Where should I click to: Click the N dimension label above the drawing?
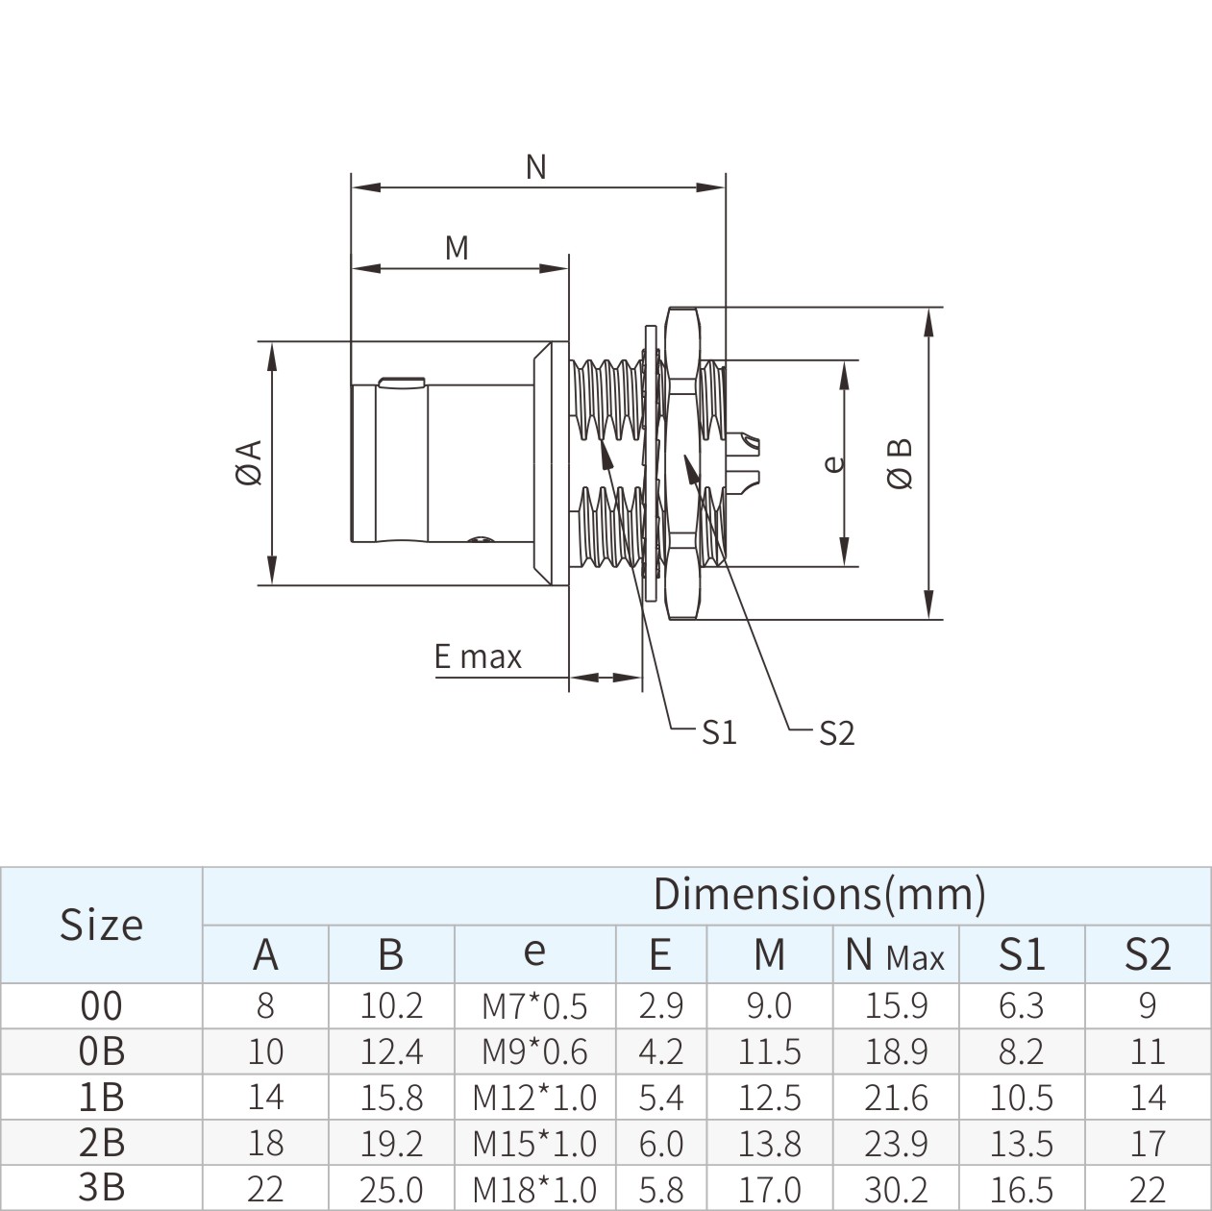click(x=536, y=167)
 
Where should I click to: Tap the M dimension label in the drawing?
click(x=457, y=248)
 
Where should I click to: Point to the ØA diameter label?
click(x=248, y=462)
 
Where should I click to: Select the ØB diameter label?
click(x=901, y=463)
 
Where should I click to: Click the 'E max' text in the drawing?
click(x=478, y=657)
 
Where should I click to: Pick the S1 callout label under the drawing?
click(x=718, y=732)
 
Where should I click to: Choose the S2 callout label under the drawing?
click(x=836, y=733)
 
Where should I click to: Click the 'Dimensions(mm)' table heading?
click(x=820, y=894)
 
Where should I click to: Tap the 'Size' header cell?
click(x=101, y=925)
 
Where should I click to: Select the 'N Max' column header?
click(x=895, y=954)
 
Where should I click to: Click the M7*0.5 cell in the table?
click(x=534, y=1006)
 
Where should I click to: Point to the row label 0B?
click(x=101, y=1051)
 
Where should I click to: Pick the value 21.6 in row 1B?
click(x=896, y=1098)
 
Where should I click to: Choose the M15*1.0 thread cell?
click(x=534, y=1144)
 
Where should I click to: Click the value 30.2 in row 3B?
click(x=896, y=1189)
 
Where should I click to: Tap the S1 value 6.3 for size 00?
click(x=1021, y=1006)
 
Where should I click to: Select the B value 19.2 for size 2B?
click(x=391, y=1144)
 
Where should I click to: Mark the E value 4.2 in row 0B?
click(x=660, y=1051)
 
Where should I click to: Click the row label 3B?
click(x=101, y=1188)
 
